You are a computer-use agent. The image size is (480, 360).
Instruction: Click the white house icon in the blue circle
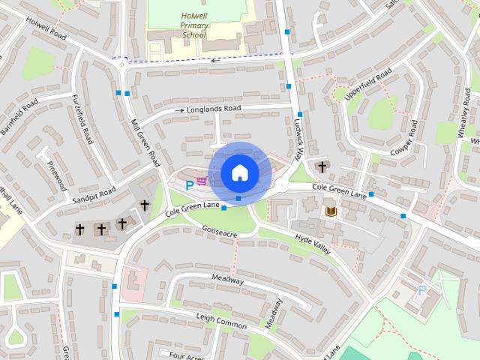point(239,172)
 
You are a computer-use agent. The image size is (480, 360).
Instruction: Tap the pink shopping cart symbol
point(201,181)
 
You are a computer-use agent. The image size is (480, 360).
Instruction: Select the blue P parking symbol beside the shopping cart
point(180,184)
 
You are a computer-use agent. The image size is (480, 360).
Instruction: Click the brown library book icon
point(331,212)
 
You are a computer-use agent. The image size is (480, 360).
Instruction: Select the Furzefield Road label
point(82,119)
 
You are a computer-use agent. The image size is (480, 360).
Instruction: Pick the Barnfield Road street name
point(19,117)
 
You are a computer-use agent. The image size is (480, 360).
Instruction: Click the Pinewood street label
point(57,175)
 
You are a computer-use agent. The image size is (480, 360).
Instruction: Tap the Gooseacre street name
point(219,233)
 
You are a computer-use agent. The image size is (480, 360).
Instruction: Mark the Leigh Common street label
point(221,320)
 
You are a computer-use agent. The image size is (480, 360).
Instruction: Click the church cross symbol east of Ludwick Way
point(322,166)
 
